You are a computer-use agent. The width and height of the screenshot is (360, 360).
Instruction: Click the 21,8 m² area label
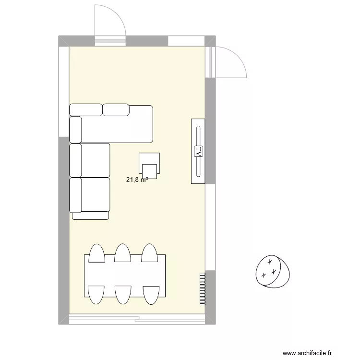coord(136,180)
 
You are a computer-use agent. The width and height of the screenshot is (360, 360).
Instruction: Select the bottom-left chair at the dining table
coord(96,294)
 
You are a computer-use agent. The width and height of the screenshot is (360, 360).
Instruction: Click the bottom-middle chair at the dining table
coord(122,294)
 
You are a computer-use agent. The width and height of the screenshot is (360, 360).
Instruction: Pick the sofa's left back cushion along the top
coord(85,110)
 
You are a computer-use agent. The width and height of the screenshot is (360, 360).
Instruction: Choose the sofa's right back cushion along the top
coord(116,110)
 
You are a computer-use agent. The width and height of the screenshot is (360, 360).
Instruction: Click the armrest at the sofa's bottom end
coord(90,216)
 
